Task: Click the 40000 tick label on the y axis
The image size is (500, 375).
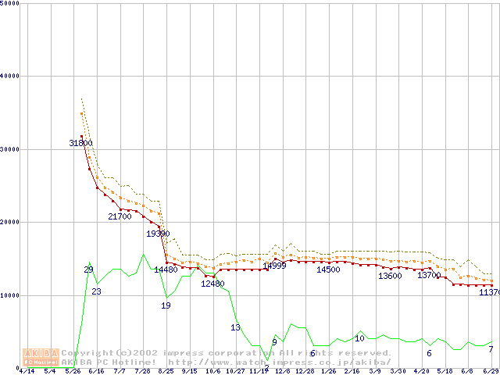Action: [x=10, y=76]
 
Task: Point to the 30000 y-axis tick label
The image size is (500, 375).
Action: [x=10, y=148]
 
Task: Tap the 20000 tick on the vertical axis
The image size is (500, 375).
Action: [x=10, y=222]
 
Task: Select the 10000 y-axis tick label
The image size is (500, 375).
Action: [x=10, y=295]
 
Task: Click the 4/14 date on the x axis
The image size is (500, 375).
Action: [x=27, y=371]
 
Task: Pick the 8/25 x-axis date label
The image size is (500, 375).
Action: [x=166, y=371]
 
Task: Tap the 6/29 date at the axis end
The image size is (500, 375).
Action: [x=491, y=371]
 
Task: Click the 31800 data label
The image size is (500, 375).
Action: [x=80, y=143]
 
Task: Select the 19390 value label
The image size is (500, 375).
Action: [x=158, y=234]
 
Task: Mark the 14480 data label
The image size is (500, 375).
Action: [x=166, y=270]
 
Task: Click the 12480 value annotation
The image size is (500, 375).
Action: [x=212, y=284]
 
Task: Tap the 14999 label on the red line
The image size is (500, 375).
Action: [x=274, y=266]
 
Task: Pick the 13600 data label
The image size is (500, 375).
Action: [x=390, y=276]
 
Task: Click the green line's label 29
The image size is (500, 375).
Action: [x=88, y=270]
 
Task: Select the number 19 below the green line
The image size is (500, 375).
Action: [x=166, y=305]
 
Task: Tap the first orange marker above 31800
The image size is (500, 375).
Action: [x=81, y=114]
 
